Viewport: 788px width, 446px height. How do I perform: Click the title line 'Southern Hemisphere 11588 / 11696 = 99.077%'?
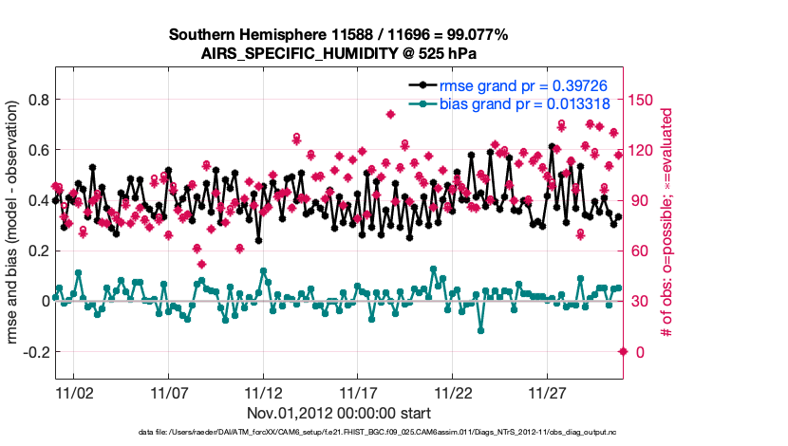(339, 34)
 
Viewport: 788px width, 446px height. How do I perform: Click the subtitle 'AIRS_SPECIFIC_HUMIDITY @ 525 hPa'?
(339, 53)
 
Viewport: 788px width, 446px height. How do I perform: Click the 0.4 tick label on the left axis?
(39, 200)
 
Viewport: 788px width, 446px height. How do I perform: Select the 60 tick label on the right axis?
(641, 251)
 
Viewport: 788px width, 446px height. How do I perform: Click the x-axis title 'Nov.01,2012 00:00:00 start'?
(339, 413)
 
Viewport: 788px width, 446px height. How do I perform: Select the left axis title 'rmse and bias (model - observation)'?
(15, 224)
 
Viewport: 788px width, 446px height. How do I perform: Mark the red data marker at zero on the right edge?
(623, 352)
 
